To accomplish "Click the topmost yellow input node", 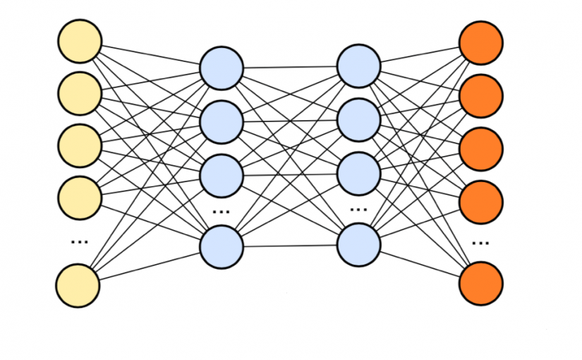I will coord(79,41).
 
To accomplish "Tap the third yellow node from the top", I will coord(79,146).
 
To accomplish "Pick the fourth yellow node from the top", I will coord(79,198).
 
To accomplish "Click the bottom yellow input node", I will coord(78,285).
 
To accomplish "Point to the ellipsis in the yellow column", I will coord(79,241).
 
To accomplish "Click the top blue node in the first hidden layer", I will coord(222,68).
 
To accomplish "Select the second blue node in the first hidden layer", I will coord(222,121).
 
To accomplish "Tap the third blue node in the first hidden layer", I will coord(222,174).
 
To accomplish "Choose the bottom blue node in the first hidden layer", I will coord(222,246).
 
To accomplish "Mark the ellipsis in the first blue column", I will coord(222,211).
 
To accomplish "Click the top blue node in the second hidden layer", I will coord(359,66).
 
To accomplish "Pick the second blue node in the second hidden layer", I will coord(359,120).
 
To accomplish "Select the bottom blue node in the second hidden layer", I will coord(359,245).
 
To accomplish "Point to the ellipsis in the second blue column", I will coord(359,210).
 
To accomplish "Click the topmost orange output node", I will coord(481,42).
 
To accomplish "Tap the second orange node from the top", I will coord(481,95).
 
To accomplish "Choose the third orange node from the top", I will coord(481,148).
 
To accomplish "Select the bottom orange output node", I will coord(481,283).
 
